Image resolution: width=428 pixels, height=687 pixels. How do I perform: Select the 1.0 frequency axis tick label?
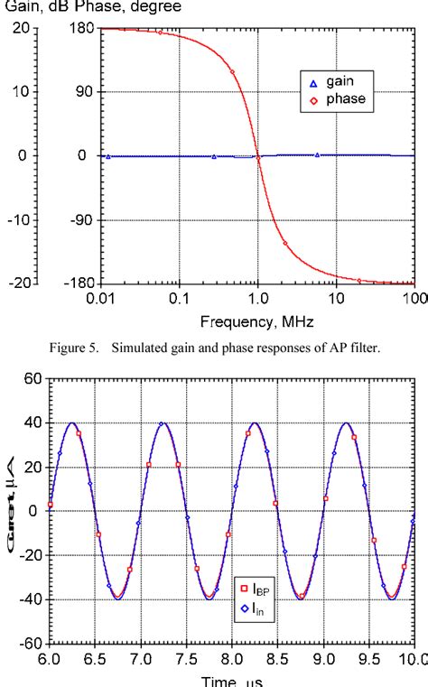coord(257,297)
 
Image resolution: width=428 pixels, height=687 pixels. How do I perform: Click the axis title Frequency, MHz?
coord(257,320)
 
